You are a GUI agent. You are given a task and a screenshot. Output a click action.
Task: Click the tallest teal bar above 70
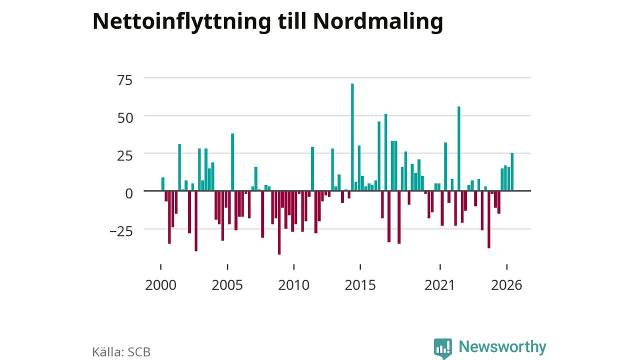[x=352, y=137]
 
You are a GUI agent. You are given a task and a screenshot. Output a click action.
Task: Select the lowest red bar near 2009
[x=279, y=222]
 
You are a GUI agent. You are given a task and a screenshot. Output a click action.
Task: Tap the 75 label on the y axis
[x=125, y=80]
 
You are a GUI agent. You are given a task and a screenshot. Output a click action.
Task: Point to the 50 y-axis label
[x=125, y=118]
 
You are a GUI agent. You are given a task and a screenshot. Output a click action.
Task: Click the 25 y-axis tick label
[x=125, y=156]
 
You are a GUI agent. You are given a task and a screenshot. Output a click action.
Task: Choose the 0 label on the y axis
[x=129, y=193]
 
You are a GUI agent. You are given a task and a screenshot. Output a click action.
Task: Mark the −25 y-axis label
[x=121, y=231]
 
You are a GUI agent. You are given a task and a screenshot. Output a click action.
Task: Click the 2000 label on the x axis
[x=160, y=285]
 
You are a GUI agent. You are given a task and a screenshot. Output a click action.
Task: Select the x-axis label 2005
[x=227, y=285]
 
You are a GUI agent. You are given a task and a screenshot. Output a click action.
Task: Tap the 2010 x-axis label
[x=293, y=285]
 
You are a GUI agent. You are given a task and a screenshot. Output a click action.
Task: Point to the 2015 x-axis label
[x=360, y=285]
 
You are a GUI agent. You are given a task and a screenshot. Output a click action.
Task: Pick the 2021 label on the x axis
[x=439, y=285]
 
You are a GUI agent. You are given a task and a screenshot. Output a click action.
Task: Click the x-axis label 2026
[x=506, y=285]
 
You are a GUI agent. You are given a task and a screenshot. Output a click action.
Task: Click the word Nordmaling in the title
[x=378, y=21]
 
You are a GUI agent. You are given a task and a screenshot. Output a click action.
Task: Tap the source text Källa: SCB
[x=121, y=351]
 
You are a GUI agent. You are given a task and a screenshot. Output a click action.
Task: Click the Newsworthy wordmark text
[x=502, y=347]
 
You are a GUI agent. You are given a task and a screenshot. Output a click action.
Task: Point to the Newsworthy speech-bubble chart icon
[x=443, y=348]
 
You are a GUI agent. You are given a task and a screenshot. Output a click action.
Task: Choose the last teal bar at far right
[x=512, y=172]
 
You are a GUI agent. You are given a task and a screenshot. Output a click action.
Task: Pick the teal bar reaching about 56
[x=459, y=148]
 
